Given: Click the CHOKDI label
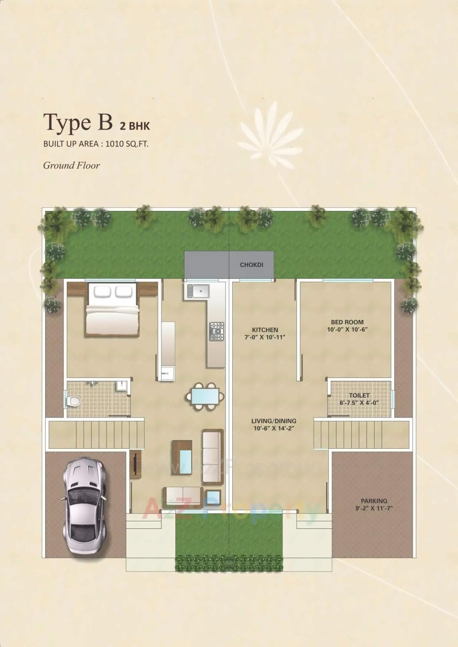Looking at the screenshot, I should pyautogui.click(x=252, y=265).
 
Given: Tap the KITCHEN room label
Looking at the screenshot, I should pyautogui.click(x=265, y=330).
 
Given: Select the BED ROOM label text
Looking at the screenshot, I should pyautogui.click(x=347, y=322).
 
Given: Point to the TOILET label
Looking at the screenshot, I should pyautogui.click(x=359, y=395).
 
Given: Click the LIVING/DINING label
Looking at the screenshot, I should pyautogui.click(x=274, y=421).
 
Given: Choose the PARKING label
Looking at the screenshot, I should pyautogui.click(x=374, y=501).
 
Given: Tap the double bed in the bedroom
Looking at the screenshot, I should pyautogui.click(x=112, y=310).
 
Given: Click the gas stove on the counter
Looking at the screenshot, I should pyautogui.click(x=217, y=331).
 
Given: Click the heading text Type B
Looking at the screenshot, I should pyautogui.click(x=78, y=122).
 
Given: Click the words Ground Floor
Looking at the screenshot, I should pyautogui.click(x=72, y=166).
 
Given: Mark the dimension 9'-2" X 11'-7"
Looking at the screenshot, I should pyautogui.click(x=374, y=508).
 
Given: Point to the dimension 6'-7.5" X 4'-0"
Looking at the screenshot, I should pyautogui.click(x=359, y=402).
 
